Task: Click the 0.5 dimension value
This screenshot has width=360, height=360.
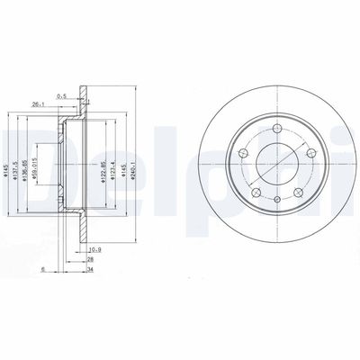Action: point(61,97)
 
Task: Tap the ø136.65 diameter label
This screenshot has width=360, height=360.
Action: point(26,165)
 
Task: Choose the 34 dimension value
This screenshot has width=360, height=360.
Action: point(91,268)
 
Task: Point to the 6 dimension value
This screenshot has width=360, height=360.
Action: point(42,268)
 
